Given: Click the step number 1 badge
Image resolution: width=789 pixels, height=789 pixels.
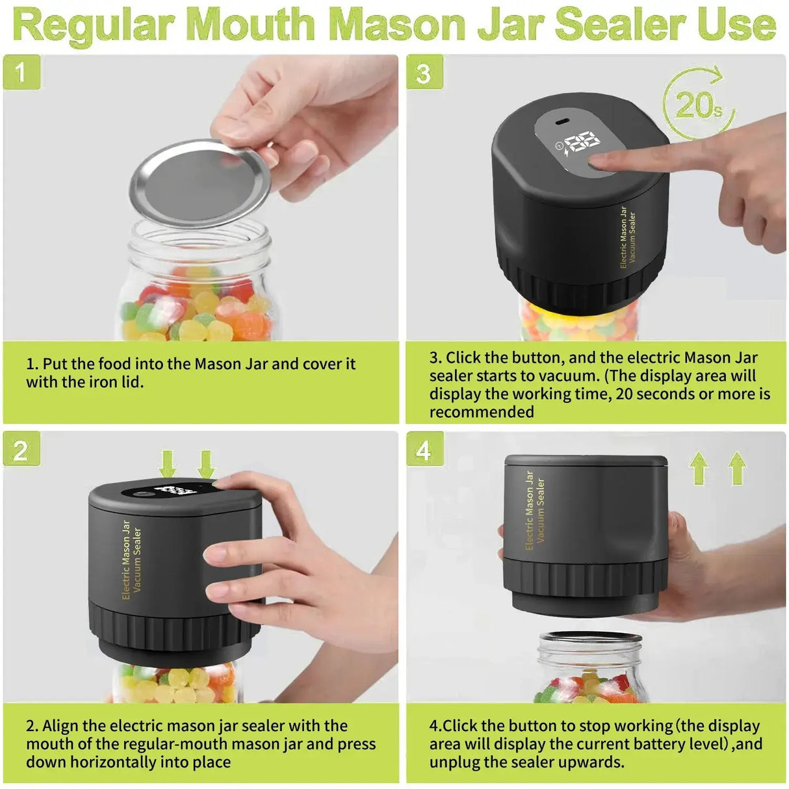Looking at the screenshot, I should (21, 72).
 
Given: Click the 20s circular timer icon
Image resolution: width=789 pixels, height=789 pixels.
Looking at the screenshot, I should (698, 104).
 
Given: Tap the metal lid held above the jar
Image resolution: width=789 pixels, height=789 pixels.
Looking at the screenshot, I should (199, 184).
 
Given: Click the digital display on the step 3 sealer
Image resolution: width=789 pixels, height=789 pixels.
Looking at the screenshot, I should (580, 144).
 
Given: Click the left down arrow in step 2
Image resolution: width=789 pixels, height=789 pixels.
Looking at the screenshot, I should (168, 464).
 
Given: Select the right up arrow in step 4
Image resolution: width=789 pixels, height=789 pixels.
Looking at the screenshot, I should (738, 468).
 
